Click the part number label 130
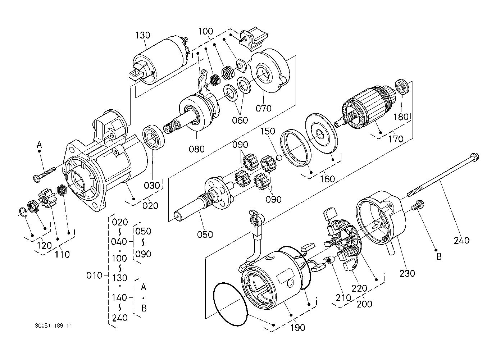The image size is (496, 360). tap(142, 35)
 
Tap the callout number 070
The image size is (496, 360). tap(264, 108)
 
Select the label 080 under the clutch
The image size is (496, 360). tap(197, 149)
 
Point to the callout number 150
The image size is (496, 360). tap(268, 131)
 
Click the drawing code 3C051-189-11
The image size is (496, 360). tap(53, 326)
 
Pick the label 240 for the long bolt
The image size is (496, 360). tap(462, 241)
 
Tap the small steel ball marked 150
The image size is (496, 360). tap(279, 158)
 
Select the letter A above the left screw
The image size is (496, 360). tap(39, 145)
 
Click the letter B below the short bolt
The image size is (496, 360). tap(439, 257)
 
